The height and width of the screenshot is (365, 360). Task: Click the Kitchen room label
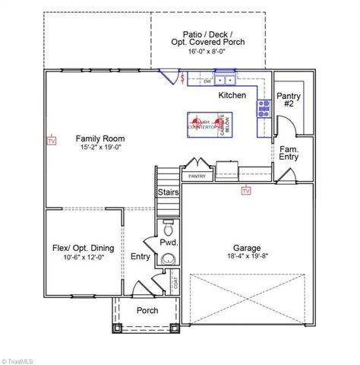pyautogui.click(x=232, y=96)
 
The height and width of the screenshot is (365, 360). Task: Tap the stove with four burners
pyautogui.click(x=264, y=107)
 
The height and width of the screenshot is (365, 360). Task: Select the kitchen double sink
pyautogui.click(x=224, y=79)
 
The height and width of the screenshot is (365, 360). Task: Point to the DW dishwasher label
pyautogui.click(x=206, y=81)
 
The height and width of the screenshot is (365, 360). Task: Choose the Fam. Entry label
pyautogui.click(x=289, y=152)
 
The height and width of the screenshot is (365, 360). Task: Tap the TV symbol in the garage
pyautogui.click(x=245, y=191)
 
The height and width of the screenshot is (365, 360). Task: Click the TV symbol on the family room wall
pyautogui.click(x=52, y=141)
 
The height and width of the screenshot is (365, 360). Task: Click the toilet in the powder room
pyautogui.click(x=169, y=227)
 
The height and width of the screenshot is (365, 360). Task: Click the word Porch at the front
pyautogui.click(x=147, y=310)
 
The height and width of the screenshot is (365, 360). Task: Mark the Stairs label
pyautogui.click(x=168, y=192)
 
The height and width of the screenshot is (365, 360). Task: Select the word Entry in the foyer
pyautogui.click(x=140, y=257)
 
